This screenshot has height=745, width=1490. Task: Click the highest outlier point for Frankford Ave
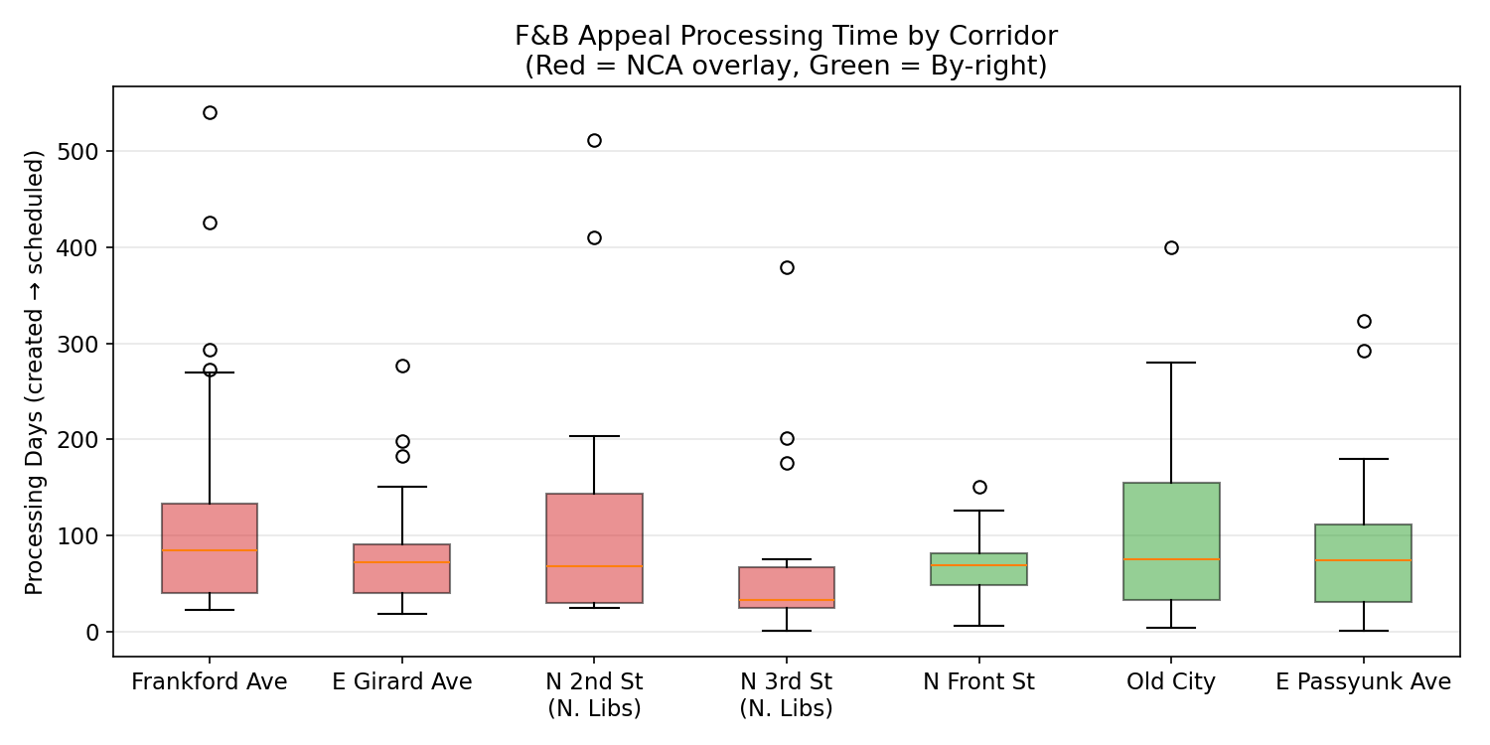(210, 112)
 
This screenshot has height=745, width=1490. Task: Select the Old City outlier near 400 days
(1171, 247)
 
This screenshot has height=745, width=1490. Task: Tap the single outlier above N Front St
(979, 487)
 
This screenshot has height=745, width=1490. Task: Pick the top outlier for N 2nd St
(594, 140)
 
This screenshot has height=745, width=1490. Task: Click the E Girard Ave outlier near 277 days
(402, 366)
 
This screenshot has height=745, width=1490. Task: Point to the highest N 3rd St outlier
(787, 267)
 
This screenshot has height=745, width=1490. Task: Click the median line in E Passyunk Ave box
(1363, 560)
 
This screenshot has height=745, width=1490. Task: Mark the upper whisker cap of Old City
(1171, 363)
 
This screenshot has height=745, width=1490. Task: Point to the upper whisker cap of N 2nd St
(594, 436)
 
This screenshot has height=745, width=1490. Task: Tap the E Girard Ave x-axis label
(402, 682)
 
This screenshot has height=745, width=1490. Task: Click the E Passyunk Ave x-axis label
(1363, 682)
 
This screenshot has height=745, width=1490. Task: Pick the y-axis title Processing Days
(35, 372)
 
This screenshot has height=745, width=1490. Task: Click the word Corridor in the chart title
(1009, 37)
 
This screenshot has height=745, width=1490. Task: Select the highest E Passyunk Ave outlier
(1364, 321)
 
